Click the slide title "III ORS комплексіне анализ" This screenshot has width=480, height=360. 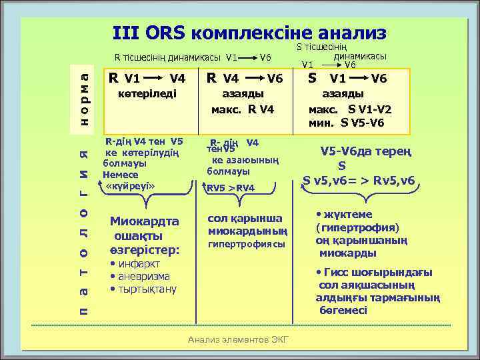(x=249, y=34)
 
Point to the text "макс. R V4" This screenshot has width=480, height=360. (x=243, y=109)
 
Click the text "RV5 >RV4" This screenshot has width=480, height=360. (x=231, y=188)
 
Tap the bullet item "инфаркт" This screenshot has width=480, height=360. (x=138, y=264)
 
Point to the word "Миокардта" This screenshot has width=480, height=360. (x=144, y=222)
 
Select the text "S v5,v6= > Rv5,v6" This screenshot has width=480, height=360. (x=358, y=180)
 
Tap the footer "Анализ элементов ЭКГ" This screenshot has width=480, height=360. (x=239, y=340)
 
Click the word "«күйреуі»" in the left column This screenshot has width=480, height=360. (x=131, y=185)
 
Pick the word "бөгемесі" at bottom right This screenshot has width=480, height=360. (x=343, y=310)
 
